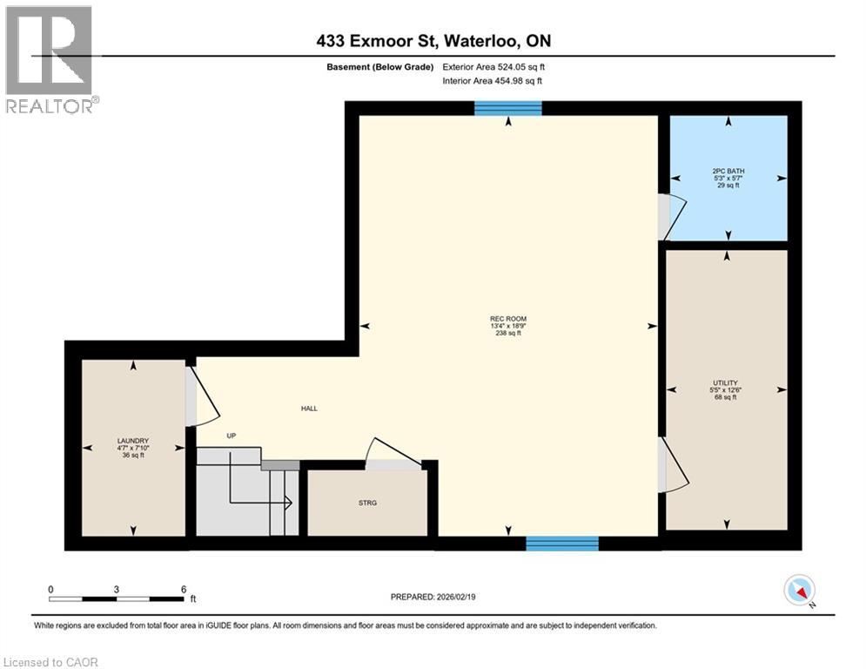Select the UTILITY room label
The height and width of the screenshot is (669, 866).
click(725, 389)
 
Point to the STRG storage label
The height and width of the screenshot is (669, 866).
click(366, 503)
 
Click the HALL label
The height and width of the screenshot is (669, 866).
click(309, 408)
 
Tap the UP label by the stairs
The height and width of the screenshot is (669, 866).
click(232, 436)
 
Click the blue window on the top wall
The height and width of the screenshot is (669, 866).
click(508, 108)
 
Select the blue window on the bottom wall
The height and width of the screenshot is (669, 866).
click(562, 544)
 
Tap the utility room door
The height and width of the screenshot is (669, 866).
click(675, 465)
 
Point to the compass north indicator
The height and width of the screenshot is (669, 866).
click(798, 591)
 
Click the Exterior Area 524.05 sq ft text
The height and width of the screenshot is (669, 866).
click(493, 66)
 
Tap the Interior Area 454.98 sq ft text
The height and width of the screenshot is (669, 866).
click(493, 81)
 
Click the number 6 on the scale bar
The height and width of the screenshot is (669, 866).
click(183, 589)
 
